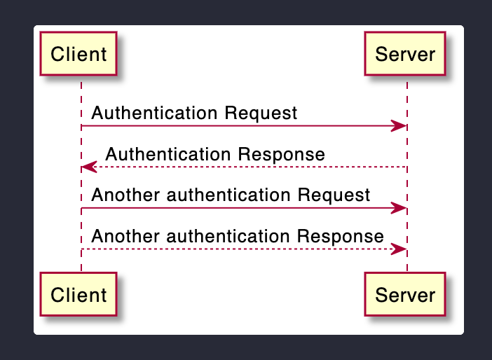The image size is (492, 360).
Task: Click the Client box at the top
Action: [x=79, y=54]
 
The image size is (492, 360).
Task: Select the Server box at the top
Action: [x=405, y=54]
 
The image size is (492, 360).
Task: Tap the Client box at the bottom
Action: [x=79, y=294]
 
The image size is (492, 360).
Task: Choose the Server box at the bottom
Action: [x=405, y=294]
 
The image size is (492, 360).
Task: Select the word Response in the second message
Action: [x=289, y=154]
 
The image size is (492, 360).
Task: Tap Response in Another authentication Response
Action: [x=348, y=236]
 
